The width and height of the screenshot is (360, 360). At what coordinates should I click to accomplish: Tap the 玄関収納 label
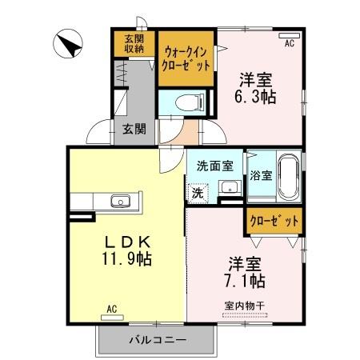[134, 44]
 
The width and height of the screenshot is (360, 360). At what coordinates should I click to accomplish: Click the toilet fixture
[186, 102]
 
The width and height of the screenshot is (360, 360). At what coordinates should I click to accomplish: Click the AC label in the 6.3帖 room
[289, 43]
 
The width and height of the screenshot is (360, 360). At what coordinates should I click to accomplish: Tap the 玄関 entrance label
[134, 128]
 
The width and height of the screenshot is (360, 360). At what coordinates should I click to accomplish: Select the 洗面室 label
[214, 166]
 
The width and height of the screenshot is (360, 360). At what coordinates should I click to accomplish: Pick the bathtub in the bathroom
[289, 178]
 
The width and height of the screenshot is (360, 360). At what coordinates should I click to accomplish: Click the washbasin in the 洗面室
[229, 189]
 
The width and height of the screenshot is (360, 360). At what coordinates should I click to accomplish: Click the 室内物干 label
[245, 306]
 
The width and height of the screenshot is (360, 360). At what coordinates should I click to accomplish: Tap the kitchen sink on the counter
[121, 201]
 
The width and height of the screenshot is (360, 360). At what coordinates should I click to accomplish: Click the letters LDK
[124, 242]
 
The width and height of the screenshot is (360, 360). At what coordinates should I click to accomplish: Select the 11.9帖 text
[124, 259]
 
